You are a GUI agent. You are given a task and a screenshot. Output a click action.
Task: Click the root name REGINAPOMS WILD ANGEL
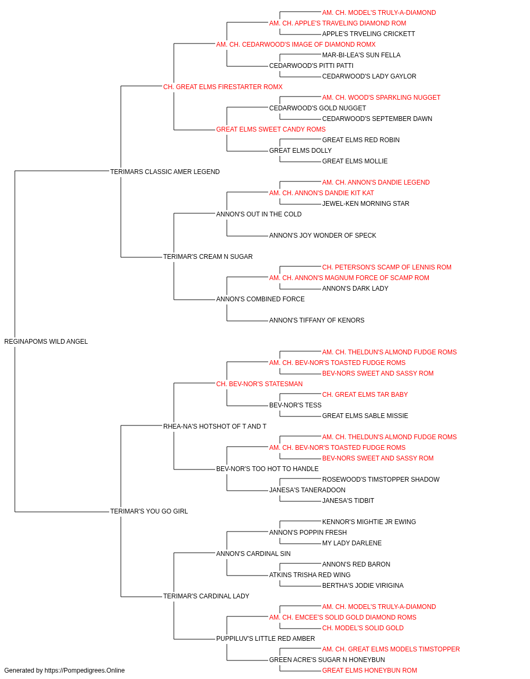46,342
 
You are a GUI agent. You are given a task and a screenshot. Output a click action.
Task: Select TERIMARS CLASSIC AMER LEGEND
165,172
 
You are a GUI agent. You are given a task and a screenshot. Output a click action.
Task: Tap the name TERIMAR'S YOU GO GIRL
149,511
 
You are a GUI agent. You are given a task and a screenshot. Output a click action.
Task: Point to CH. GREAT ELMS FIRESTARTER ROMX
223,87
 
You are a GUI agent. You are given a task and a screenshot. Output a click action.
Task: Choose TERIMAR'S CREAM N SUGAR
208,257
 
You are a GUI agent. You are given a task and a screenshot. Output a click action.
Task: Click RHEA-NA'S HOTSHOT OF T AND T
215,426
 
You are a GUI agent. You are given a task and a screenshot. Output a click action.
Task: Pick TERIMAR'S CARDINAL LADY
206,596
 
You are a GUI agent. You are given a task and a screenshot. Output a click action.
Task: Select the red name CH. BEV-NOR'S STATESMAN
259,384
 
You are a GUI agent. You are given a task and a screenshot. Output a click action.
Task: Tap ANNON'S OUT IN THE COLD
259,214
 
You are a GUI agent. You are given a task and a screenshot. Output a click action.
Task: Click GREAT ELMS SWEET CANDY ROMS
271,129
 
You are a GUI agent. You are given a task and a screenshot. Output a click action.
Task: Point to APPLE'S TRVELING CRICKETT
369,34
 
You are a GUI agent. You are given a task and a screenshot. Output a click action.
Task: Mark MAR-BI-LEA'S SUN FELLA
361,55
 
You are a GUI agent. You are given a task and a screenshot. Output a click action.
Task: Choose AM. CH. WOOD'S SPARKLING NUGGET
381,98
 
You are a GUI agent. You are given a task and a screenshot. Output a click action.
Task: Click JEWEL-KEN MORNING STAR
366,204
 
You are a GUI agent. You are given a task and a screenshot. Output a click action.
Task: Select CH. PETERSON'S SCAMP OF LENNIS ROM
387,267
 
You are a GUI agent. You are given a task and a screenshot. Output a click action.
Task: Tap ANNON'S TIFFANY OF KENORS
317,320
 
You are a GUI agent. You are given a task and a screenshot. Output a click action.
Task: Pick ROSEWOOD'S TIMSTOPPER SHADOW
381,480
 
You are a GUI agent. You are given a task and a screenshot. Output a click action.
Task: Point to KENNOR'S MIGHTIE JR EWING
369,522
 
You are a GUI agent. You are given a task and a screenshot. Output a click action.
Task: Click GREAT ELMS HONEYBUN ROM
369,671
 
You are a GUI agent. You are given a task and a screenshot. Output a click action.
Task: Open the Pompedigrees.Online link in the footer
84,671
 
